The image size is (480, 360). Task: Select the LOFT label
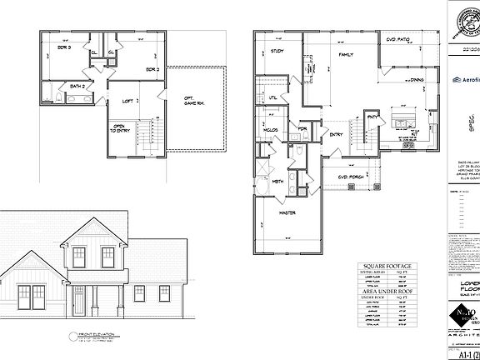[x=127, y=100]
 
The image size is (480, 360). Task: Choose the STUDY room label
[x=277, y=52]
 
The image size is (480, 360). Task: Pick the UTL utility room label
[x=272, y=97]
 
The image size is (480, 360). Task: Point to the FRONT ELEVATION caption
[x=92, y=335]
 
